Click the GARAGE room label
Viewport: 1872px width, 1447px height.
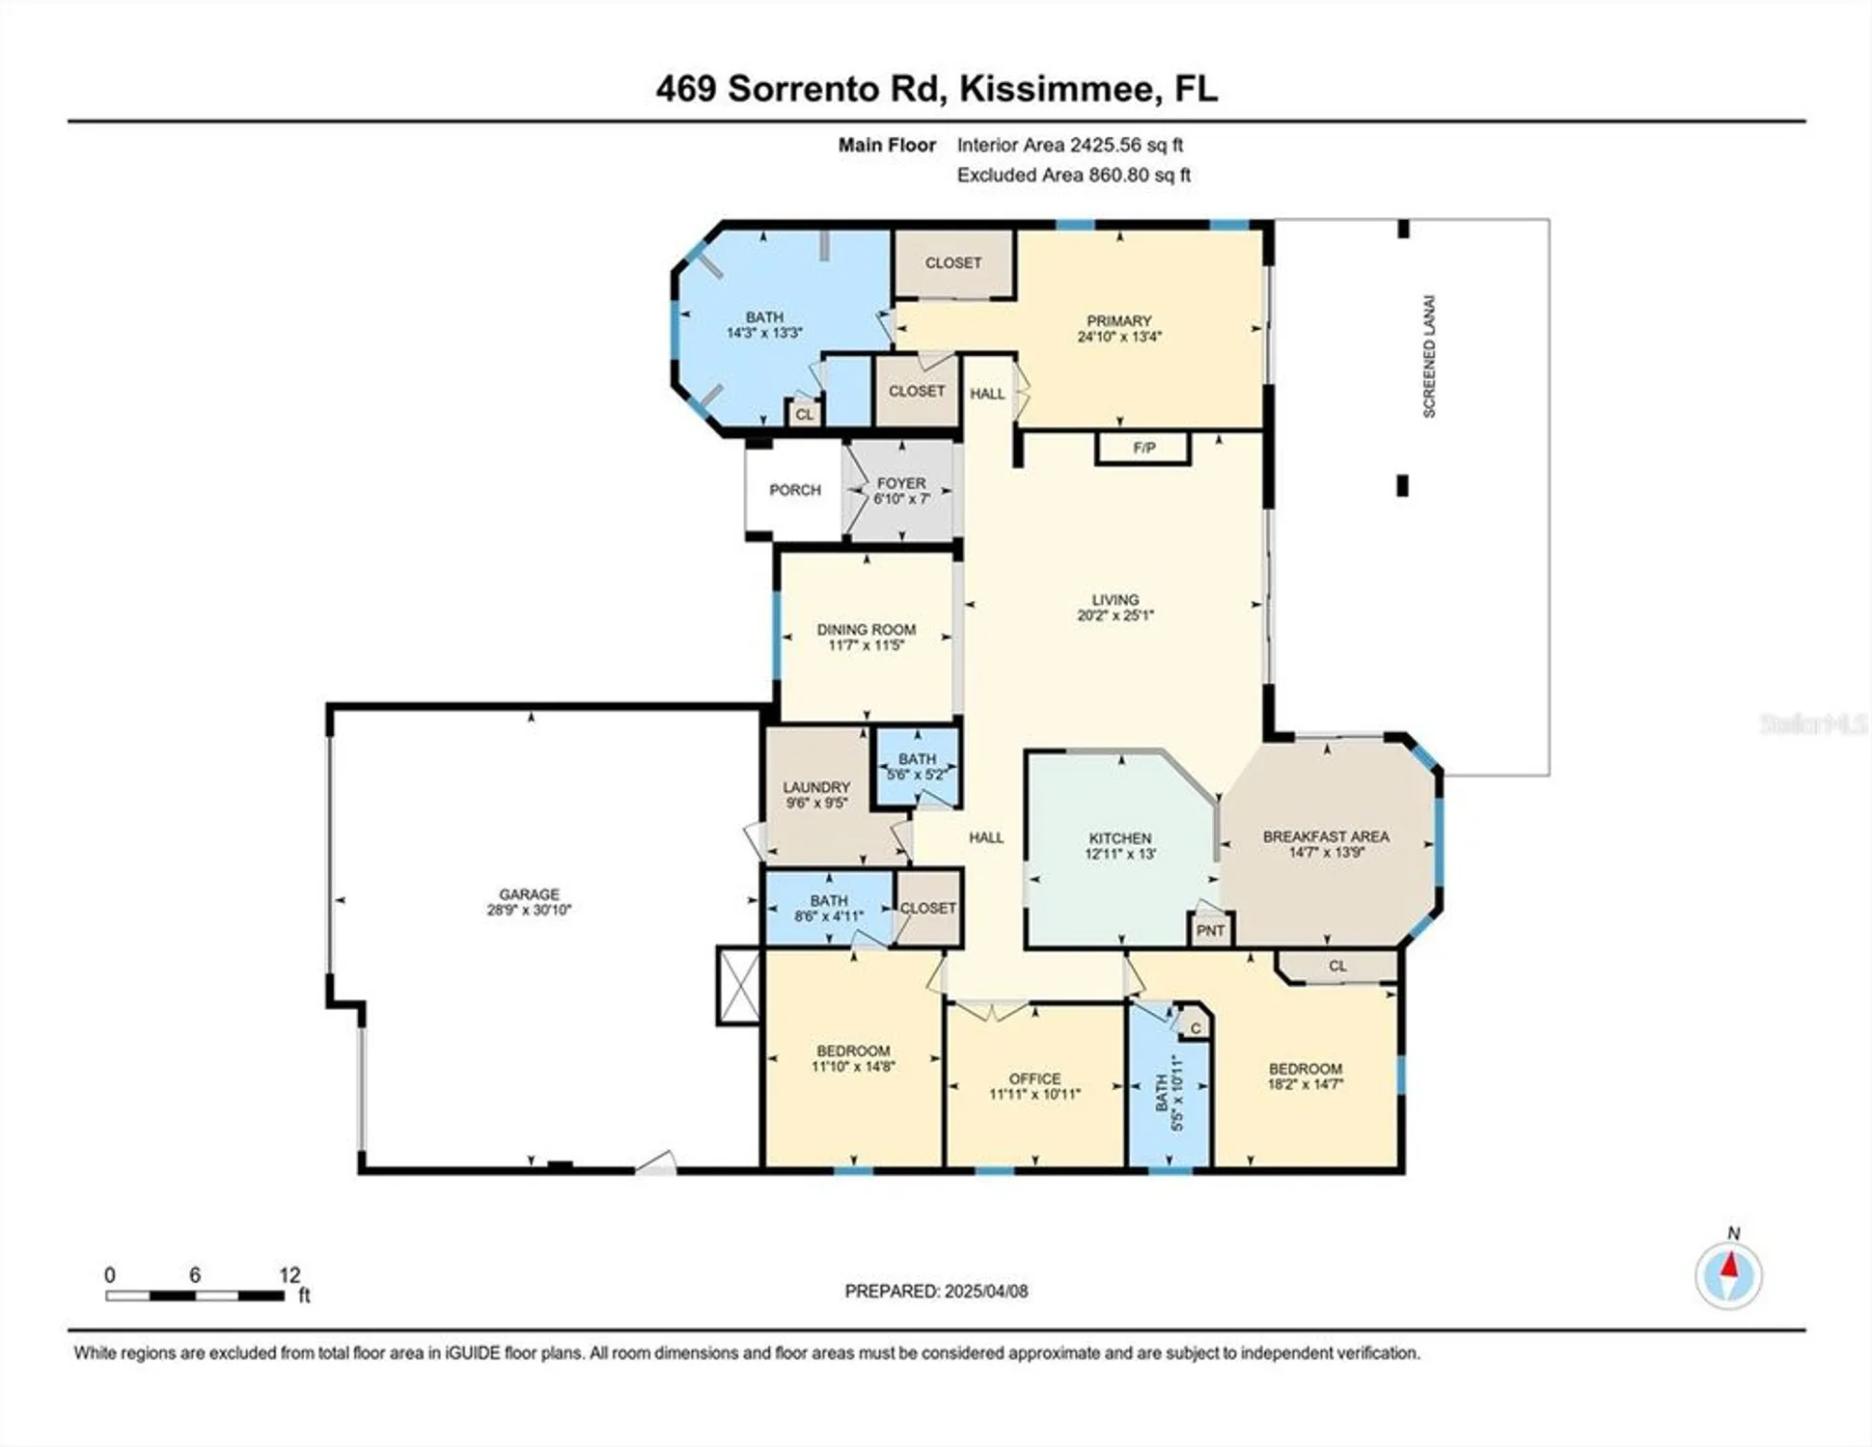(x=529, y=894)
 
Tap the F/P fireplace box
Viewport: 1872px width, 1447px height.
(x=1143, y=449)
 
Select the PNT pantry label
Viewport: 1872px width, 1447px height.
(x=1210, y=931)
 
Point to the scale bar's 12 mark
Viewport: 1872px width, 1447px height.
(x=289, y=1275)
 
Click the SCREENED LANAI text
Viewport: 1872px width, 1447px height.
(x=1429, y=356)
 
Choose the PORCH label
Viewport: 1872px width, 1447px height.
(x=794, y=490)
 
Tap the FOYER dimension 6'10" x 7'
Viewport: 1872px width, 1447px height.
(x=901, y=499)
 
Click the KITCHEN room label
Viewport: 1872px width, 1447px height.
(x=1119, y=838)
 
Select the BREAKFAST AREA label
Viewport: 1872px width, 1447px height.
(x=1326, y=836)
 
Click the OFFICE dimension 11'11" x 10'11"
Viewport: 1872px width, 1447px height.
(x=1034, y=1094)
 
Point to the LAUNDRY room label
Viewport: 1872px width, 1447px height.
(x=816, y=787)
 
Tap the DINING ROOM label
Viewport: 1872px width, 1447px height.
(x=866, y=629)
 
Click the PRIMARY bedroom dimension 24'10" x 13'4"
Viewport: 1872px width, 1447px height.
(x=1119, y=337)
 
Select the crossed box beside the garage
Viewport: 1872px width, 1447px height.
(x=739, y=985)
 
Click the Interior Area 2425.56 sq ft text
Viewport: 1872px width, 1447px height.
(x=1069, y=145)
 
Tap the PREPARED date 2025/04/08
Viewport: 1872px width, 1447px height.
(x=985, y=1291)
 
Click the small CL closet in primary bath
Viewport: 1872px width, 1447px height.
(x=804, y=415)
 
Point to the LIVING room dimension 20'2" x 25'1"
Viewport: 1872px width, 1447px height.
(x=1115, y=614)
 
